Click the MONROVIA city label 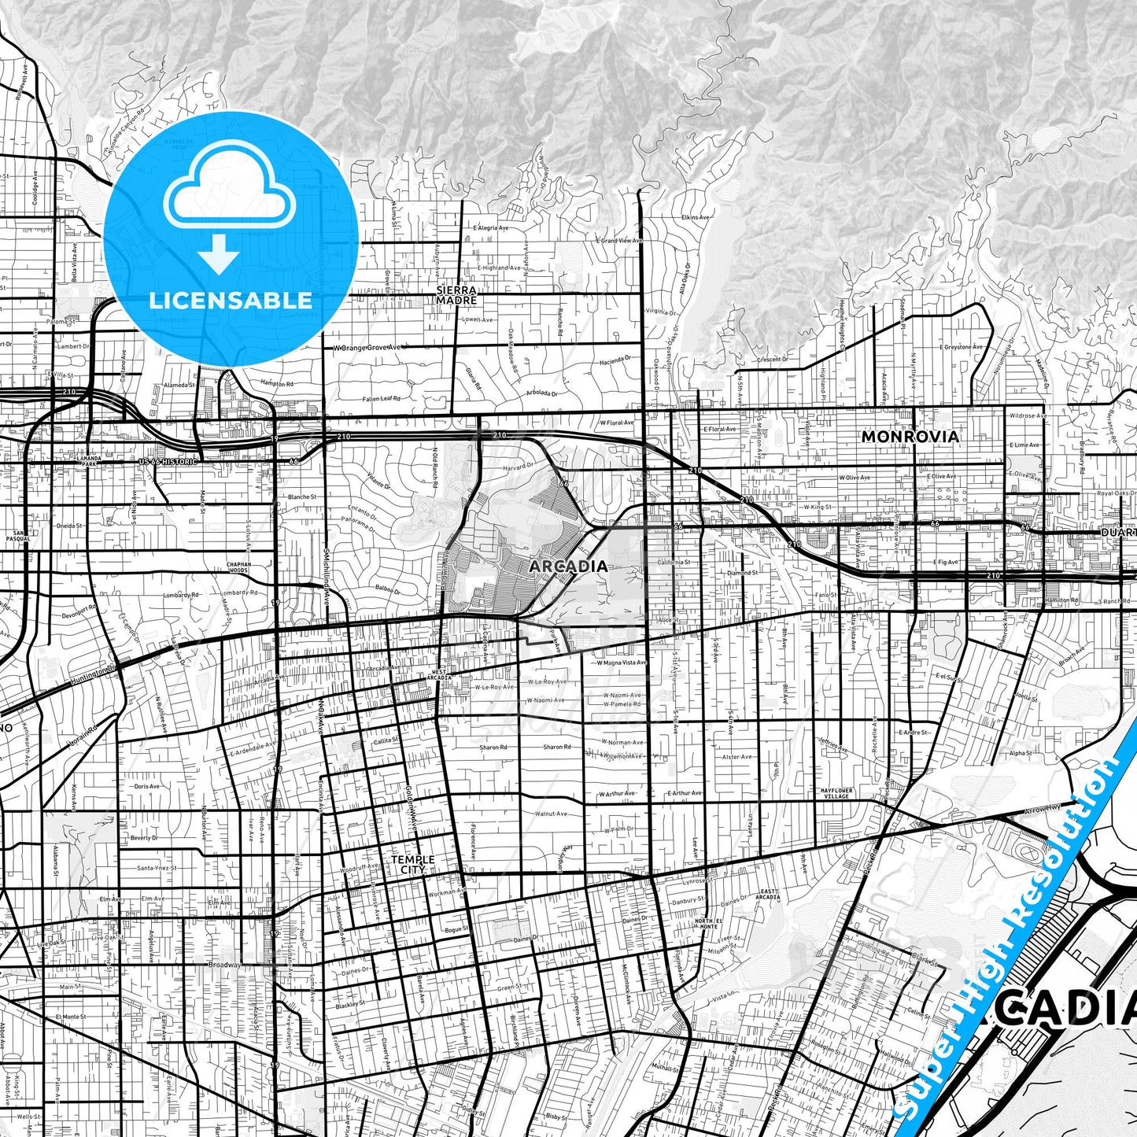point(910,436)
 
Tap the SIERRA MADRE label point(456,295)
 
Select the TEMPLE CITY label point(413,865)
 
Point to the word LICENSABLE point(231,300)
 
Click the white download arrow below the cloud point(219,254)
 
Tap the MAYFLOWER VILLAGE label point(836,793)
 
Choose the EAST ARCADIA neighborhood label point(767,895)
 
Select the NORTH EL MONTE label point(708,924)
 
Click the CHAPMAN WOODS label point(238,567)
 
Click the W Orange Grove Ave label point(367,347)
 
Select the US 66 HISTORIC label point(167,461)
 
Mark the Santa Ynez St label point(156,868)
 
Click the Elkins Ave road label point(696,217)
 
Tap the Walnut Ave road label point(551,814)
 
